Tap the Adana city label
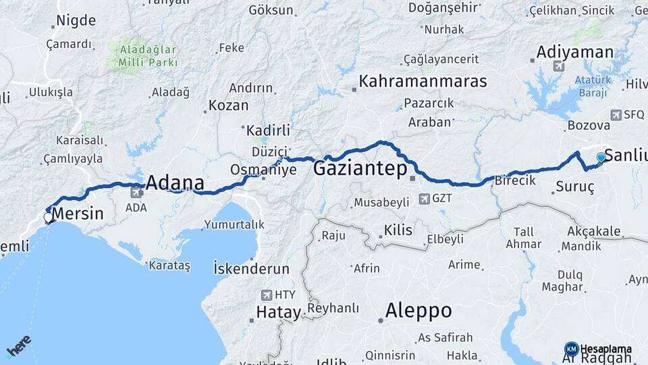point(175,182)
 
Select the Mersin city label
point(78,215)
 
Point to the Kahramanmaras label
point(423,81)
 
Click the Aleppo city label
point(418,310)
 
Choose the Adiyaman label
point(574,52)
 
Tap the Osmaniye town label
point(263,170)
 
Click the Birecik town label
point(515,180)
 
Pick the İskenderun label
point(251,268)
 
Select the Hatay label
point(277,312)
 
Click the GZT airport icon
point(425,199)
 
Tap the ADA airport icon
point(137,193)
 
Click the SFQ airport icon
point(615,115)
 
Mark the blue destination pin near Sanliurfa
point(601,158)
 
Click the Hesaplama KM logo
point(571,349)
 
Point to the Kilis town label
point(398,230)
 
